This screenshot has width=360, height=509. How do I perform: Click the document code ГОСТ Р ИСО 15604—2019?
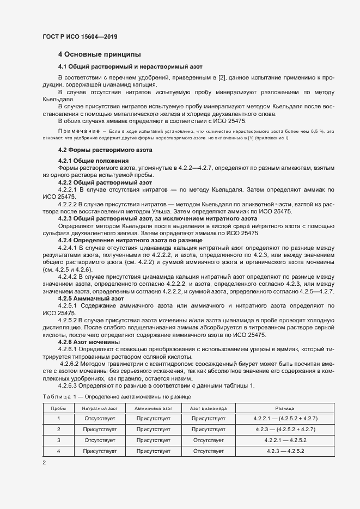point(80,36)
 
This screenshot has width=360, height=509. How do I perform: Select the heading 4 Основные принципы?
point(100,54)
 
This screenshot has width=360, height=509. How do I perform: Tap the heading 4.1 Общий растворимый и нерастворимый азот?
point(123,66)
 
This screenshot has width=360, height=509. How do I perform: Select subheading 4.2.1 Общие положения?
point(93,161)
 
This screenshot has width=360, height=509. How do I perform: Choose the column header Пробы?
point(58,408)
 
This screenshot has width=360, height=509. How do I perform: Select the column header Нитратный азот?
point(100,408)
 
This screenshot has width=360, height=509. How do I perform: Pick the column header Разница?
point(285,408)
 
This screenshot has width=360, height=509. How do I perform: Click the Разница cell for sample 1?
point(285,418)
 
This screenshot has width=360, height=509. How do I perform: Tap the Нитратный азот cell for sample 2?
point(100,429)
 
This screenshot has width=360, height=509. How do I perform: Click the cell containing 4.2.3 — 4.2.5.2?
point(285,451)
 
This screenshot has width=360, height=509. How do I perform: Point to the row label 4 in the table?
point(58,451)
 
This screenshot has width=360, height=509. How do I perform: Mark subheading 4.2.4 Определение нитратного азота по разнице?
point(130,240)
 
